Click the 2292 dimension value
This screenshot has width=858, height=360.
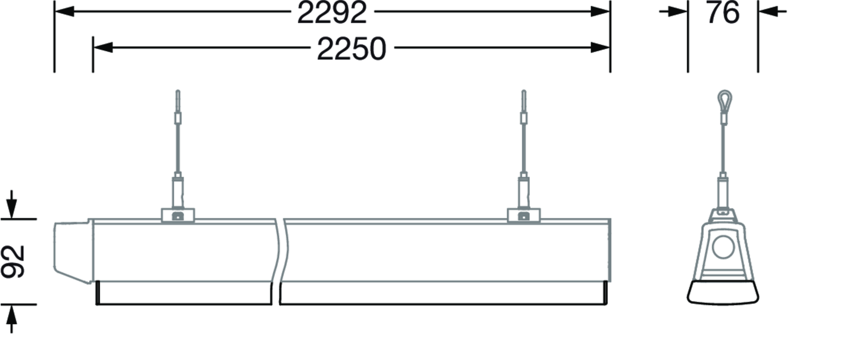(332, 13)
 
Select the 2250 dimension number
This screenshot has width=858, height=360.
(352, 49)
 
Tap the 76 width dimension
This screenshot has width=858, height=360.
(723, 13)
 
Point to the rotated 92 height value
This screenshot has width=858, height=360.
(13, 262)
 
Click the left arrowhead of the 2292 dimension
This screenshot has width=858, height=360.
(65, 11)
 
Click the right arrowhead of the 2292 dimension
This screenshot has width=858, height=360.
(600, 11)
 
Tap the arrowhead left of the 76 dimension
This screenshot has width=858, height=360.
(677, 11)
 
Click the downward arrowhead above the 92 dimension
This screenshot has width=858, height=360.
(12, 209)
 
